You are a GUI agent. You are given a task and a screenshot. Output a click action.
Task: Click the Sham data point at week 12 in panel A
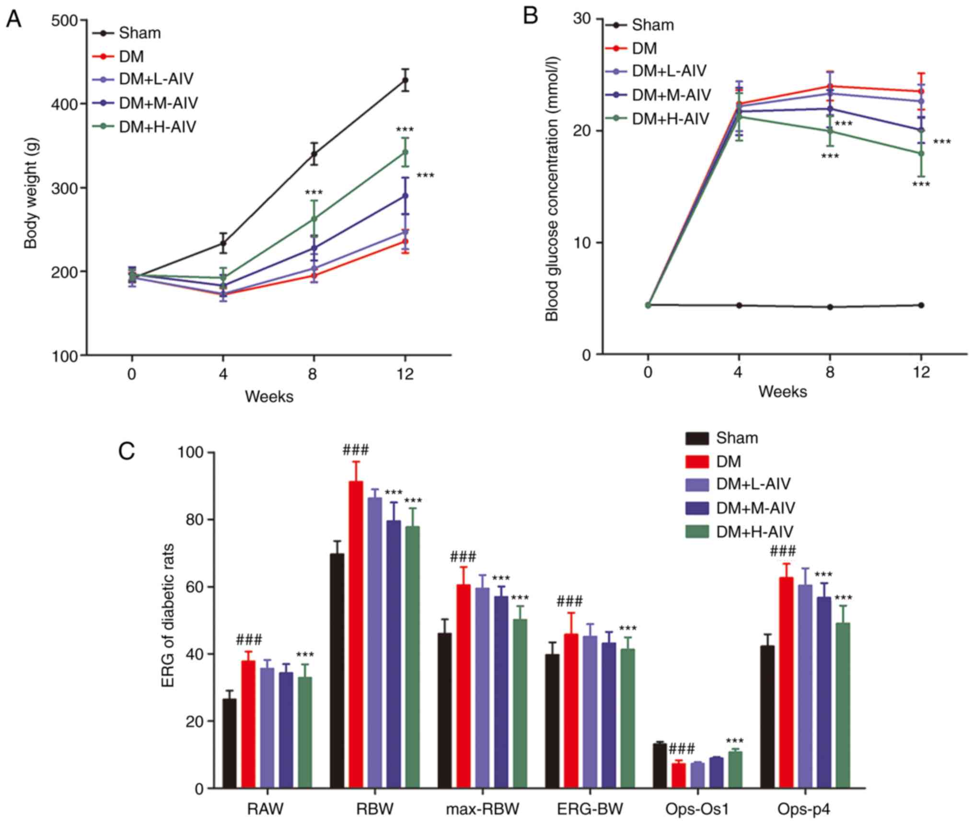tap(405, 80)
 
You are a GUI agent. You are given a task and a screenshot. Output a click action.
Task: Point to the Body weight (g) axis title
tap(31, 193)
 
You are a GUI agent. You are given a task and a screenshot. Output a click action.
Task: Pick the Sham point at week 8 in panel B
tap(830, 307)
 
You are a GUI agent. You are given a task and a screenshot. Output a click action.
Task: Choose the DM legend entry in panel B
tap(644, 48)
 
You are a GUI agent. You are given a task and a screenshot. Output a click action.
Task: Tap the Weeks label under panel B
tap(782, 392)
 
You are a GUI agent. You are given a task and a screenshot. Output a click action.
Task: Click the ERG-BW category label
tap(590, 809)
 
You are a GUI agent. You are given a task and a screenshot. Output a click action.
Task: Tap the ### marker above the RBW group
tap(356, 450)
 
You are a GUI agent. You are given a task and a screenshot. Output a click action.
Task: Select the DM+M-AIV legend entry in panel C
tap(755, 508)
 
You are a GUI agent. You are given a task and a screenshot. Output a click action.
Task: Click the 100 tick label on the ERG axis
tap(190, 453)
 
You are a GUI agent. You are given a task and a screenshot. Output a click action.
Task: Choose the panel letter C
tap(126, 451)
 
